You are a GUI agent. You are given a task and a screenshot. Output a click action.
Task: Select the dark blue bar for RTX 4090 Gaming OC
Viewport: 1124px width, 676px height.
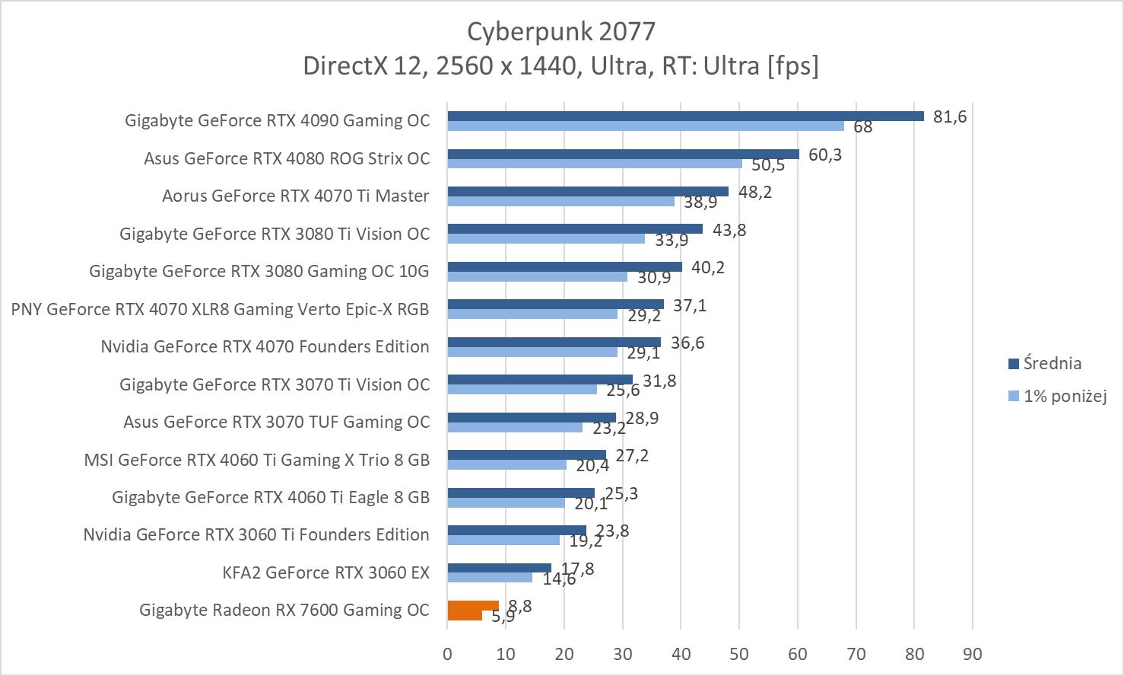click(684, 116)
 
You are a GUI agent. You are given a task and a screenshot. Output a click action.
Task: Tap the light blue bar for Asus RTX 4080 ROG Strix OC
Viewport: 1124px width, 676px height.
click(594, 164)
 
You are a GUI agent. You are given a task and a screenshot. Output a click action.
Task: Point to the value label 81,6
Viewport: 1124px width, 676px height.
click(950, 117)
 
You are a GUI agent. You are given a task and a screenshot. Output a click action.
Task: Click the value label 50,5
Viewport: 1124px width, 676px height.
click(768, 165)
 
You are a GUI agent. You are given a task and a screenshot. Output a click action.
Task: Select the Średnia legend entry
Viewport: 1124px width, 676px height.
click(1052, 363)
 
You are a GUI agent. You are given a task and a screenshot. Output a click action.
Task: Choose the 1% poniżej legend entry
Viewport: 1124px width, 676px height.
click(1064, 396)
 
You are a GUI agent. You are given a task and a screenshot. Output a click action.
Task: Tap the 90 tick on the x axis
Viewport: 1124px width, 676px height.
click(972, 654)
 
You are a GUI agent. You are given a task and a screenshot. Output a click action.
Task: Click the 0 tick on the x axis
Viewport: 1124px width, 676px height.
click(447, 654)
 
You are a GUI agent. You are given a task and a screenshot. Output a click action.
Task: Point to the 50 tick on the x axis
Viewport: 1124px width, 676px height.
click(739, 654)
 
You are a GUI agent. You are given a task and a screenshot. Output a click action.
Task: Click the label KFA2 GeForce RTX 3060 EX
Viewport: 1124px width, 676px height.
click(325, 572)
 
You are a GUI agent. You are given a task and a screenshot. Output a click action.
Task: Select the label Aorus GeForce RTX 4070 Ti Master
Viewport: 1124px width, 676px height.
click(295, 196)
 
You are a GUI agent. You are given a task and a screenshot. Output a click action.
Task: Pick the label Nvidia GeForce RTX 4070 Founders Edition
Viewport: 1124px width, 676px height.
click(265, 346)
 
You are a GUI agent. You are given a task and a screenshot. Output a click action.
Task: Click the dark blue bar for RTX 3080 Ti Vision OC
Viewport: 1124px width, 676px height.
click(574, 229)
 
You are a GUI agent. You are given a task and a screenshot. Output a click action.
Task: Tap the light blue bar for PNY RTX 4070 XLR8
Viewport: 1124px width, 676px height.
click(532, 314)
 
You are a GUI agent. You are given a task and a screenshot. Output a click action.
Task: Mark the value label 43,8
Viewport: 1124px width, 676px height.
click(729, 230)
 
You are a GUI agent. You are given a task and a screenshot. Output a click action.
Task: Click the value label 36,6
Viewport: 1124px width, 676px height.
click(687, 343)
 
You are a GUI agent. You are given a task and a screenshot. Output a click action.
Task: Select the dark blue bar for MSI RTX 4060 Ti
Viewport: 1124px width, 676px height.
click(526, 455)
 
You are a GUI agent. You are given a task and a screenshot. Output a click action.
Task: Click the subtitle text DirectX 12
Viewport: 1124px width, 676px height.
click(357, 65)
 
